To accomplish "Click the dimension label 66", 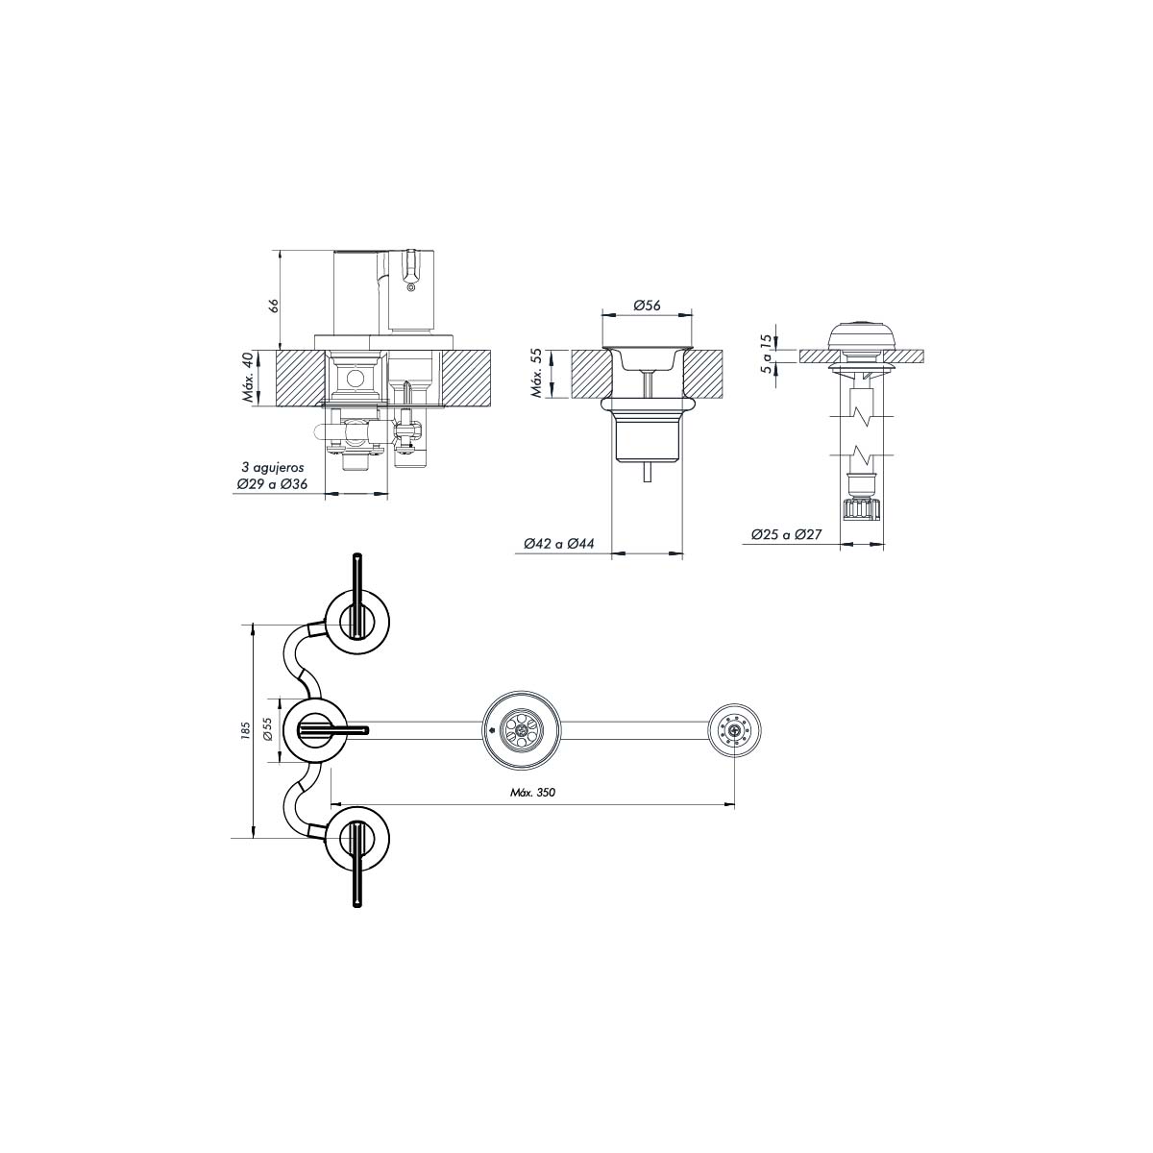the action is point(274,306).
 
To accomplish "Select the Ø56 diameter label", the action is point(647,306).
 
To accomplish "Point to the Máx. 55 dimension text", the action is point(538,373).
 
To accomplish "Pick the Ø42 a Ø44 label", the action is point(559,544).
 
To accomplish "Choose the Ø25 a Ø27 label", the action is point(787,535).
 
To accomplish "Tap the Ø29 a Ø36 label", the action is point(272,484).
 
